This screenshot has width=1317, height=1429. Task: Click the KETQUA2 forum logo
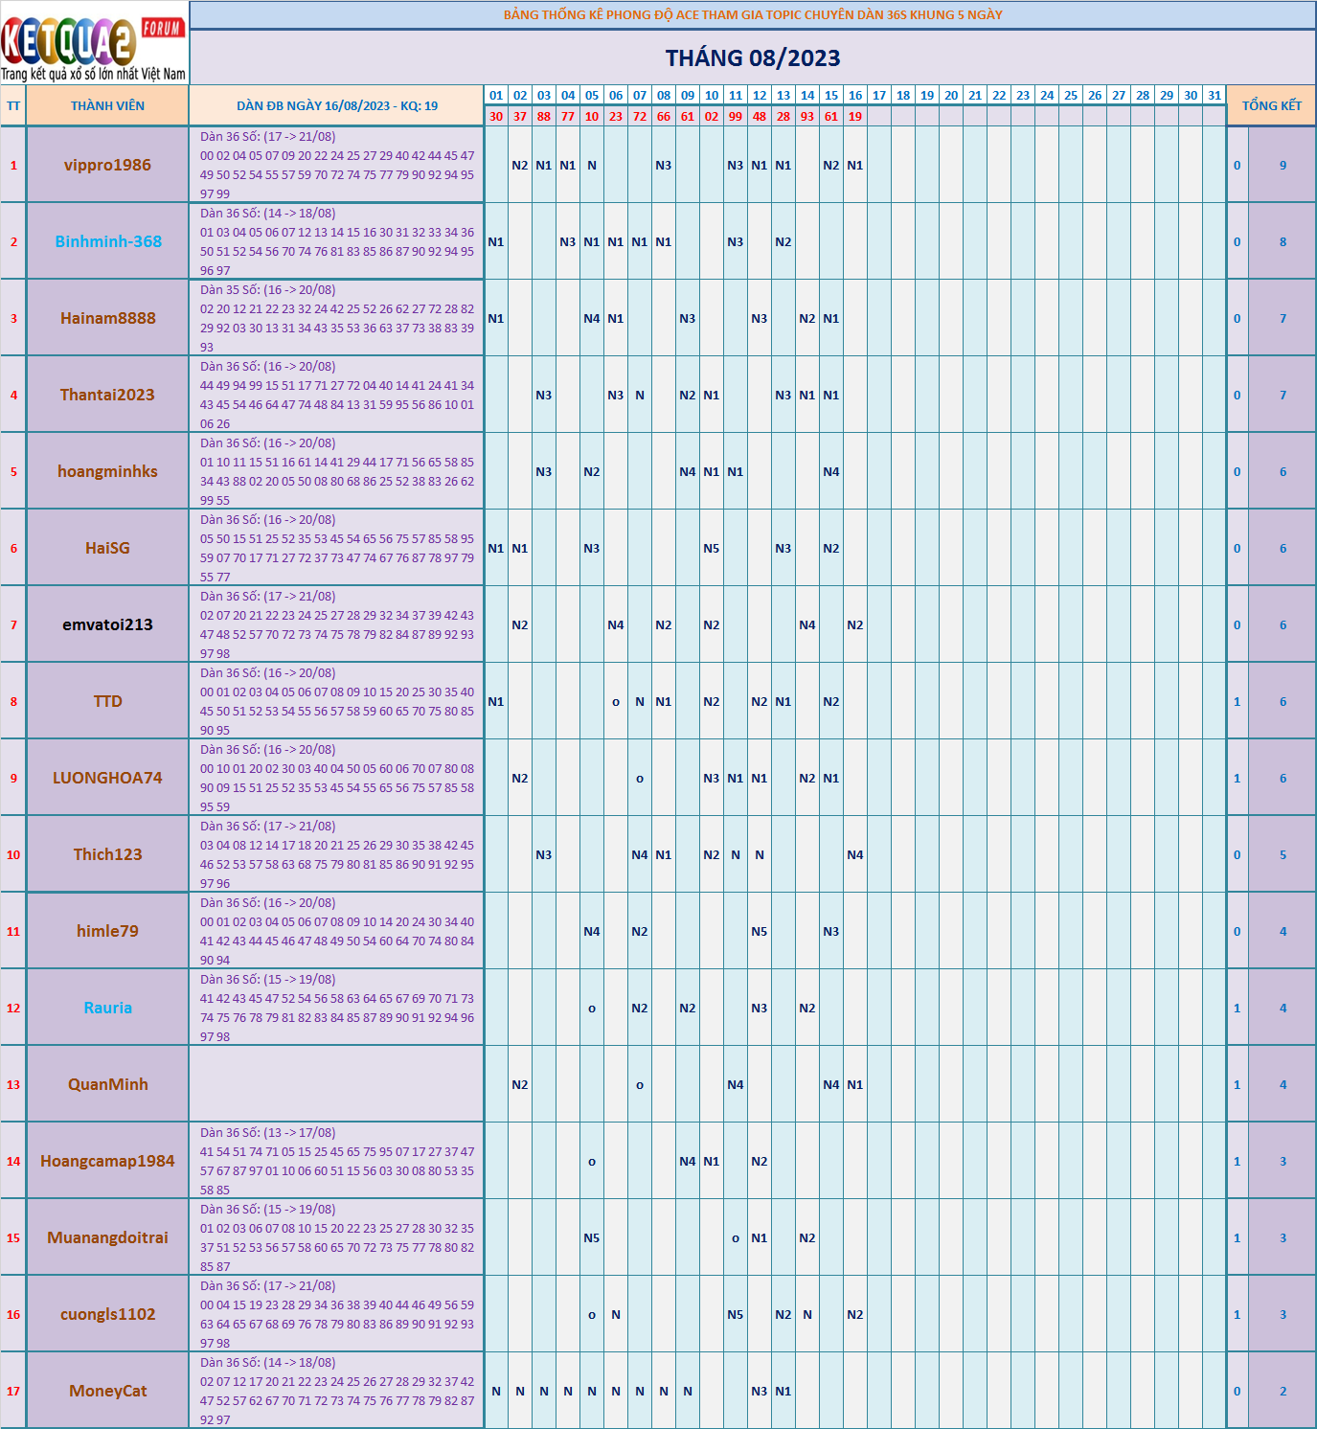tap(94, 44)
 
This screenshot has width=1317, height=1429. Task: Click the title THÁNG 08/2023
tap(753, 58)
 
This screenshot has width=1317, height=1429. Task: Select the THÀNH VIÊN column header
tap(107, 106)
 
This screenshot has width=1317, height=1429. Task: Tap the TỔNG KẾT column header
tap(1271, 106)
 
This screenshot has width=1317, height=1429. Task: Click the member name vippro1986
tap(107, 165)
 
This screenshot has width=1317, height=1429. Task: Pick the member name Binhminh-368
tap(108, 241)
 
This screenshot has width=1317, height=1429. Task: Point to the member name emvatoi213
tap(107, 624)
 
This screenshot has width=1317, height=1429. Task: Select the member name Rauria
tap(108, 1008)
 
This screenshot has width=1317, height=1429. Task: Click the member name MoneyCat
tap(108, 1391)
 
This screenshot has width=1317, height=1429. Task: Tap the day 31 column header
tap(1215, 96)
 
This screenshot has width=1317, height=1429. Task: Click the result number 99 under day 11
tap(736, 117)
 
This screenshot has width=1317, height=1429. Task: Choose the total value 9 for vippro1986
tap(1283, 166)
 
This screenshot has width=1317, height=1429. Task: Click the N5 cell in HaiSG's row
tap(711, 549)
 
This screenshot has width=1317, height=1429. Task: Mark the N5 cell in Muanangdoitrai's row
tap(592, 1238)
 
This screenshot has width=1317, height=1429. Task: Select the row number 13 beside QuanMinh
tap(13, 1085)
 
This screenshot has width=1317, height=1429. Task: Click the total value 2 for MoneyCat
tap(1283, 1392)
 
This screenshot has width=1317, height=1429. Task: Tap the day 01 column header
tap(496, 96)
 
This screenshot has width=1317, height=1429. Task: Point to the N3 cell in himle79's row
tap(830, 932)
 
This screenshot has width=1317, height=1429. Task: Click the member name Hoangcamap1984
tap(107, 1161)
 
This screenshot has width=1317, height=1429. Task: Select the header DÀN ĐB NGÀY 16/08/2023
tap(336, 106)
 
